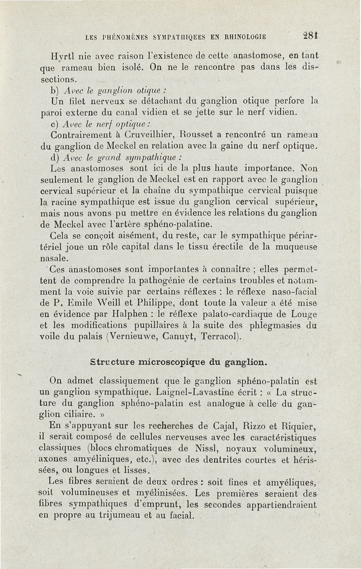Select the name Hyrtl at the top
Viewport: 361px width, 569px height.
click(62, 57)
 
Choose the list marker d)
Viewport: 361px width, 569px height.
click(56, 158)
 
